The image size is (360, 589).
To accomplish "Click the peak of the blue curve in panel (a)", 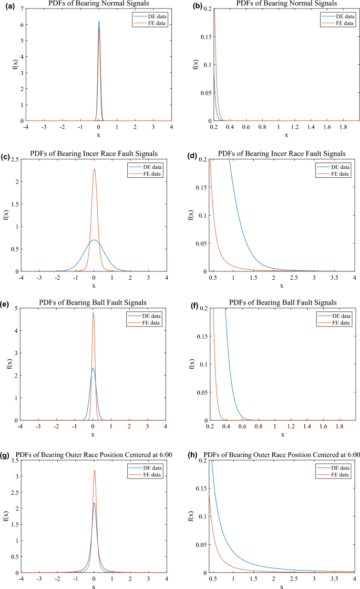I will [x=98, y=22].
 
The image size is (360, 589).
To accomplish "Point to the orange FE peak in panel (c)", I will [x=94, y=169].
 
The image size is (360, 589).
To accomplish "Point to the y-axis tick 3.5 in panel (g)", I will [x=13, y=460].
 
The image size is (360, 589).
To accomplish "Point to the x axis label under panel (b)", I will [x=286, y=135].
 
